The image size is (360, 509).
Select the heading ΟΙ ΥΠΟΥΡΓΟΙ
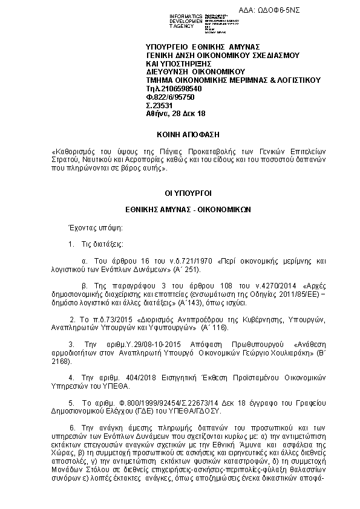tap(180, 193)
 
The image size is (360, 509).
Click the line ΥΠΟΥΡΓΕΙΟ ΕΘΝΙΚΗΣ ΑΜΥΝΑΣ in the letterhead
tap(203, 47)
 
